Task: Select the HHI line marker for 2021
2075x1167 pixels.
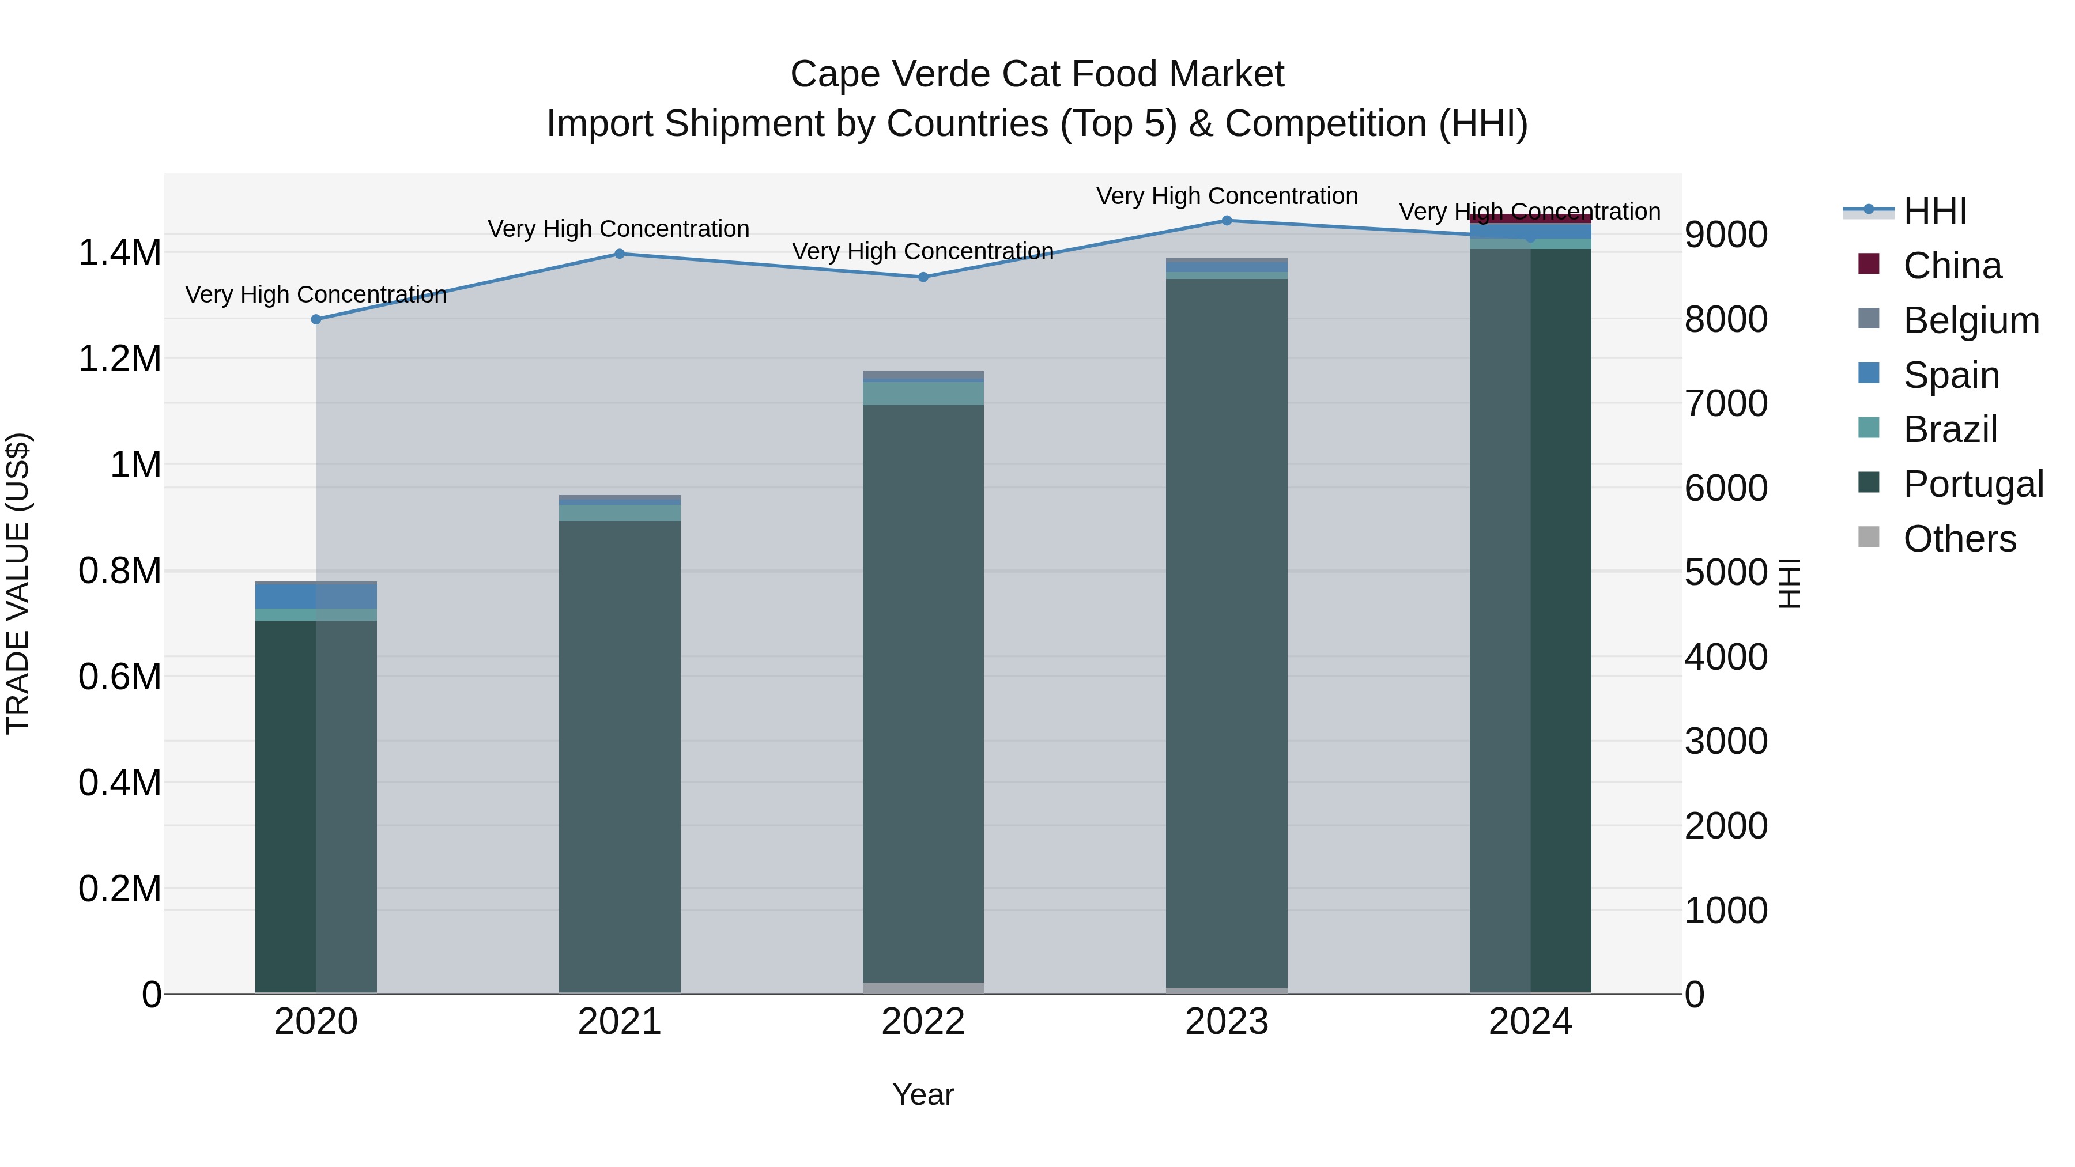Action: tap(620, 254)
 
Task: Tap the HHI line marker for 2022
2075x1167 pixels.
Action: tap(923, 277)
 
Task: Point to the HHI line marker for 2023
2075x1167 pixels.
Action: tap(1227, 220)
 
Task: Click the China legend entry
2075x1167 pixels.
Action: tap(1952, 266)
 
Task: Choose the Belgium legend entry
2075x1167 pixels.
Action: tap(1970, 320)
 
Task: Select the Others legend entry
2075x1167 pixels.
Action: tap(1959, 539)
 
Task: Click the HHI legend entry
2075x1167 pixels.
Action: tap(1935, 211)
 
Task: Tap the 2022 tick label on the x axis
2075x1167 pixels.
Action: tap(923, 1022)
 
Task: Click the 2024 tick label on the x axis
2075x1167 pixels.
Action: tap(1530, 1022)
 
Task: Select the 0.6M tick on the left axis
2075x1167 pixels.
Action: tap(120, 677)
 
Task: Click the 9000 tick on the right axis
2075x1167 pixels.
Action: tap(1725, 235)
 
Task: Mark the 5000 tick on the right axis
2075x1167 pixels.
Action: tap(1725, 573)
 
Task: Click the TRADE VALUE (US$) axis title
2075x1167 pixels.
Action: tap(18, 583)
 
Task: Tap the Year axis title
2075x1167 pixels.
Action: tap(923, 1094)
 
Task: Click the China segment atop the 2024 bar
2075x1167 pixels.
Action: tap(1530, 218)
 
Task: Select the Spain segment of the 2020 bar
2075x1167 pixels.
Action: tap(316, 596)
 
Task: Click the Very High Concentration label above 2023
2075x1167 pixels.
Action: tap(1227, 196)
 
